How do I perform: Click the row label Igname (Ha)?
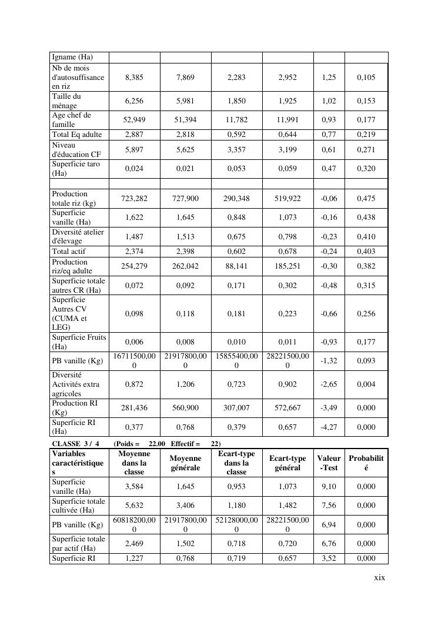(x=72, y=57)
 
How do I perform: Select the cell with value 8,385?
(x=134, y=77)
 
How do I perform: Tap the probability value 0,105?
(x=366, y=77)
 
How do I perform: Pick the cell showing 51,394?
(x=185, y=119)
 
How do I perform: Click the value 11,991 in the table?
(x=287, y=119)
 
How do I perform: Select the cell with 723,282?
(x=134, y=199)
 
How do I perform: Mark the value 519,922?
(x=287, y=199)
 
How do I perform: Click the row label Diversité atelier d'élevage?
(x=78, y=236)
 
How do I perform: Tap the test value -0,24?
(x=329, y=252)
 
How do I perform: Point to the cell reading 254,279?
(x=134, y=266)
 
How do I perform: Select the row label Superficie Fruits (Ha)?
(x=79, y=342)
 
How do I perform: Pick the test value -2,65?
(x=329, y=384)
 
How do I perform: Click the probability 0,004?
(x=366, y=384)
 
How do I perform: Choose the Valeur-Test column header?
(x=329, y=463)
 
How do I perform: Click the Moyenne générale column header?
(x=185, y=463)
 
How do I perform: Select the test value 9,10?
(x=329, y=487)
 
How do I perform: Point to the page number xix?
(x=380, y=577)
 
